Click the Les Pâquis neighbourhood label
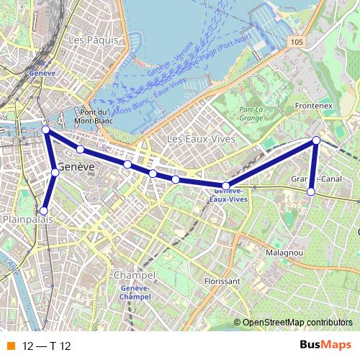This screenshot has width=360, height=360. tap(92, 41)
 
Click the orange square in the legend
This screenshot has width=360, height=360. tap(10, 346)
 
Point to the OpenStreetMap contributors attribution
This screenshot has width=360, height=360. tap(297, 323)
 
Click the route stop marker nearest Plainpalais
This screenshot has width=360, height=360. tap(44, 211)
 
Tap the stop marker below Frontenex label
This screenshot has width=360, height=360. tap(315, 140)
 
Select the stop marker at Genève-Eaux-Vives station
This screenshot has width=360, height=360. tap(225, 186)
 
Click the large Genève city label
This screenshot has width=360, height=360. tap(76, 167)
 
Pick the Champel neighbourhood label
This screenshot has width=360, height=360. tap(135, 276)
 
